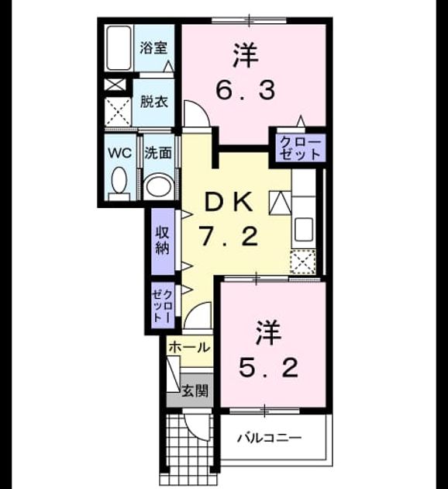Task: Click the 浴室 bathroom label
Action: [x=153, y=48]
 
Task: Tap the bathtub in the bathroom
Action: [x=119, y=48]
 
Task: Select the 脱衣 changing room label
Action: [x=153, y=102]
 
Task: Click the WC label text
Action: [x=119, y=153]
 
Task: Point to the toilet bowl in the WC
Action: [x=119, y=181]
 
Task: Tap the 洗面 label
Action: [x=158, y=153]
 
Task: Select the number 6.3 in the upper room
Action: [x=246, y=90]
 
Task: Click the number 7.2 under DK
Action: [x=229, y=237]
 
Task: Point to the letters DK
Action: [x=229, y=202]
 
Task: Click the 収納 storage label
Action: [x=163, y=240]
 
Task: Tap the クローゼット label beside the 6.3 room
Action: [x=300, y=148]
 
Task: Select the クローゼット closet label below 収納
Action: [x=163, y=306]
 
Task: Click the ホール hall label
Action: [x=189, y=348]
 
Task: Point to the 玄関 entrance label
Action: [x=195, y=390]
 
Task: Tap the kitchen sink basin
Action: [x=304, y=229]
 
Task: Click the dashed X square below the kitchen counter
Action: [x=302, y=262]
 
